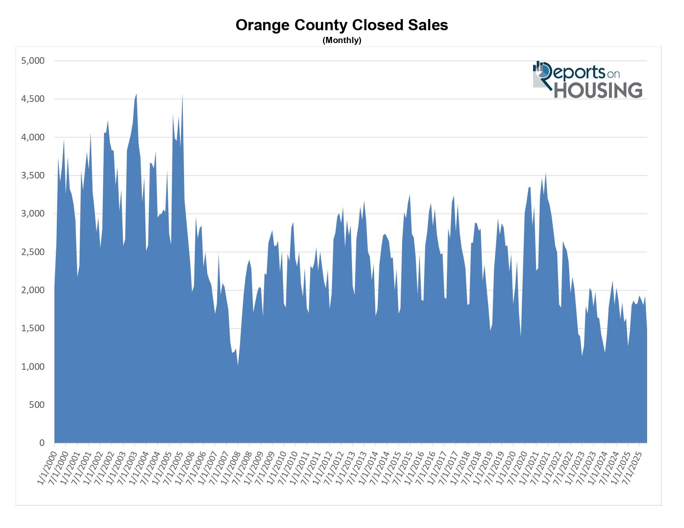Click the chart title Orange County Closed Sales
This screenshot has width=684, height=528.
pyautogui.click(x=342, y=25)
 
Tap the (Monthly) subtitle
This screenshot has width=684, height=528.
pyautogui.click(x=342, y=40)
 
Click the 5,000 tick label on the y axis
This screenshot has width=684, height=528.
pyautogui.click(x=33, y=61)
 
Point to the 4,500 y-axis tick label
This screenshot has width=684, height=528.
pyautogui.click(x=33, y=99)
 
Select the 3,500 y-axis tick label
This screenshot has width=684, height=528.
pyautogui.click(x=33, y=176)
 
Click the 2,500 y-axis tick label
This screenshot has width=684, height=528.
pyautogui.click(x=33, y=252)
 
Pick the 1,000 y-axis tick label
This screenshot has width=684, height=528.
pyautogui.click(x=33, y=366)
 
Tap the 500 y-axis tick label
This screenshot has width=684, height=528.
pyautogui.click(x=36, y=405)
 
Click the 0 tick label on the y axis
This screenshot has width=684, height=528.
pyautogui.click(x=41, y=443)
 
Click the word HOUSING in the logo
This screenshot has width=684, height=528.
pyautogui.click(x=598, y=91)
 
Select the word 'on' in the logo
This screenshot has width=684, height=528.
pyautogui.click(x=613, y=74)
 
